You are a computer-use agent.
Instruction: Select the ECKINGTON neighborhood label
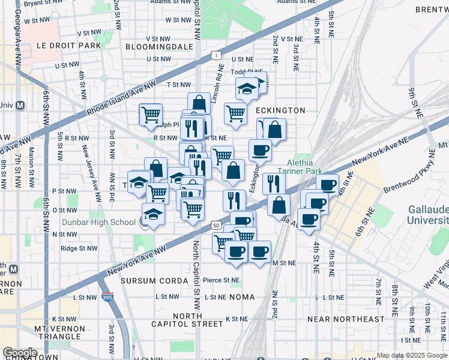(280, 110)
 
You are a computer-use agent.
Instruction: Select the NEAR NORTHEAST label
(345, 319)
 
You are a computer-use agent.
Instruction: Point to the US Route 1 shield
(214, 55)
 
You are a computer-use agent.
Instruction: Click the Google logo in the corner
(20, 353)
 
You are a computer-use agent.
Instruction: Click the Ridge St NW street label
(78, 248)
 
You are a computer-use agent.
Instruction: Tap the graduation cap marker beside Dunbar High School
(153, 214)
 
